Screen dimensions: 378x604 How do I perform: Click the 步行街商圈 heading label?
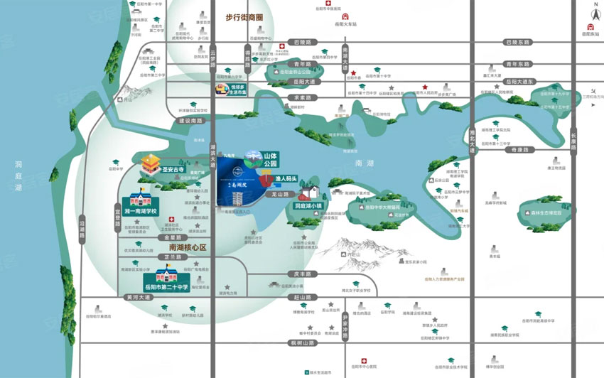244,16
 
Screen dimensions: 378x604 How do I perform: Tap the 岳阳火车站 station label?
345,23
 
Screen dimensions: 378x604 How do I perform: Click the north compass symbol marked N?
595,10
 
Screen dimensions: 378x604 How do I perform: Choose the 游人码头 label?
291,180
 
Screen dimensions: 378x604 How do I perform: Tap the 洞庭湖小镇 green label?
308,206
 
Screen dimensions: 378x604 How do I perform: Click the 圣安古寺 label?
173,171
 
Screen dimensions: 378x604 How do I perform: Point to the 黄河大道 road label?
137,298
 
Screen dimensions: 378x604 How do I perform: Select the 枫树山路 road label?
302,343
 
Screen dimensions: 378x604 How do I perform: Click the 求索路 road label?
303,97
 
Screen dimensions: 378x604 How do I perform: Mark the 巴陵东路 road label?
517,43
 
